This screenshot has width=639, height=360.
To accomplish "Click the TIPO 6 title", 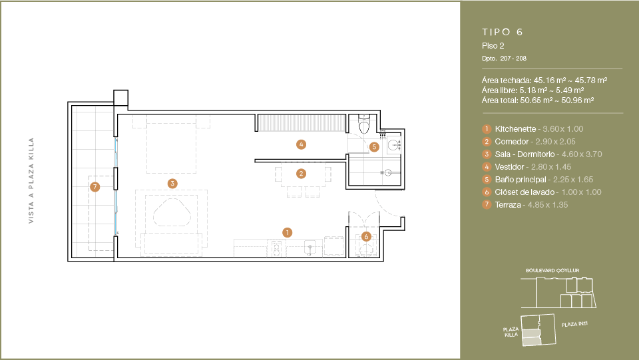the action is pos(502,32).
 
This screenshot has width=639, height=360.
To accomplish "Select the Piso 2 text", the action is pos(493,46).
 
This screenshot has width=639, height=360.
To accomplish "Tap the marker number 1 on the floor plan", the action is pos(288,232).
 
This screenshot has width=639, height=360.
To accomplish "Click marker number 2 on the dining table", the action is pos(301,174).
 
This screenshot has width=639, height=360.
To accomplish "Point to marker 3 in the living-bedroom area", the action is pos(172,184).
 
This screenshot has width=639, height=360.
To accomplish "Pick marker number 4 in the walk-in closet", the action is pos(301,144).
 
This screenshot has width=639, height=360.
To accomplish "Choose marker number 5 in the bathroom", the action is pos(374,147).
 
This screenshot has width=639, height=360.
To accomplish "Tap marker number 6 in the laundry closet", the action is pos(366,237).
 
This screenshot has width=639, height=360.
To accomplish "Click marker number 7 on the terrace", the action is pos(95,187).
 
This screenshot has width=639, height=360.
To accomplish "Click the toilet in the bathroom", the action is pos(363,124).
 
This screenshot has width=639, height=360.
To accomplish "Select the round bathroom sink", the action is pos(394,145).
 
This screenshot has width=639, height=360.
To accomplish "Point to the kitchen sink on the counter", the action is pos(311,248).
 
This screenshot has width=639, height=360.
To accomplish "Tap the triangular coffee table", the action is pos(172,212).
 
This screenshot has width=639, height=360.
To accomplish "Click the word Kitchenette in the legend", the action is pos(515,129).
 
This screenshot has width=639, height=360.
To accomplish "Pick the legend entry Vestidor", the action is pos(509,167).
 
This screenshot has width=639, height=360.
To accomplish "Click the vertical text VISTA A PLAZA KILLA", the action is pos(31,180).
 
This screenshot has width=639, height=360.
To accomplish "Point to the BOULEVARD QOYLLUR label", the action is pos(552,270).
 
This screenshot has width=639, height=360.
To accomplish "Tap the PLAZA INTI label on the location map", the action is pos(574,324).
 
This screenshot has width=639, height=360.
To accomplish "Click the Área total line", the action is pos(538,100).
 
